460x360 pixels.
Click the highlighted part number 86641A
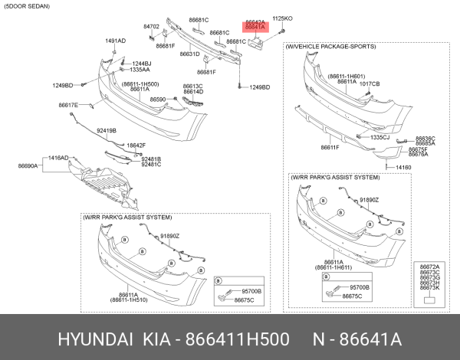255,27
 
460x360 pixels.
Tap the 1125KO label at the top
283,17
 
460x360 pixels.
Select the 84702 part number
151,26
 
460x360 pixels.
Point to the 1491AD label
115,41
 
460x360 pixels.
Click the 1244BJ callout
141,63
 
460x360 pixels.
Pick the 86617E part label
68,105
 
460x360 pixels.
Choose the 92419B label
107,131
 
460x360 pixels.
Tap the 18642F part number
136,145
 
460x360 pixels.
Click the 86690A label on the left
28,165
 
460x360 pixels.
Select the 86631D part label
190,54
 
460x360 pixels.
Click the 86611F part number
330,147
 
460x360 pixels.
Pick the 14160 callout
403,167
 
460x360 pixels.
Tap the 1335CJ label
380,137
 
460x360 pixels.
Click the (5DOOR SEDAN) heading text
29,7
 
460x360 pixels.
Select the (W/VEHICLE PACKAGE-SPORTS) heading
330,47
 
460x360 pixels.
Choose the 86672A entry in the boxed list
429,266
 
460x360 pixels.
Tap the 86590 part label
158,100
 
